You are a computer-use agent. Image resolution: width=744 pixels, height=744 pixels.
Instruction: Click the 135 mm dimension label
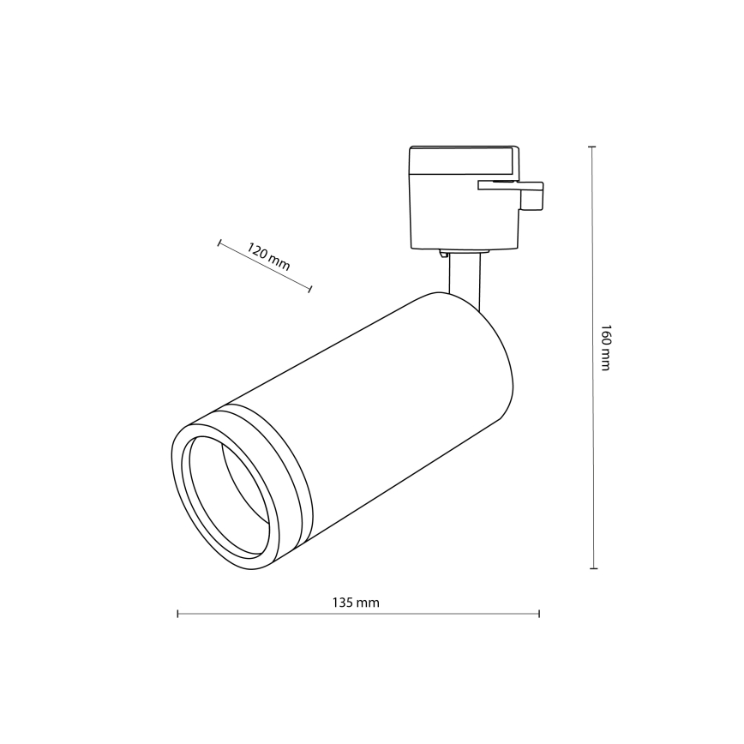click(356, 603)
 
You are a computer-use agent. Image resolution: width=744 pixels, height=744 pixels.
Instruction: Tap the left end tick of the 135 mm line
click(177, 614)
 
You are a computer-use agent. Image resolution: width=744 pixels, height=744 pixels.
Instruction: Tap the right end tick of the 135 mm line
click(539, 614)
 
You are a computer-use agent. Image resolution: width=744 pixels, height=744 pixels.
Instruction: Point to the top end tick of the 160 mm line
click(591, 147)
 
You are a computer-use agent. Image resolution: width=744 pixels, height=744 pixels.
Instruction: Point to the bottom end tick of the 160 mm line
click(591, 567)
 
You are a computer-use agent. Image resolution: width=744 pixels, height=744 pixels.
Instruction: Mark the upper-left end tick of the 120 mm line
click(219, 243)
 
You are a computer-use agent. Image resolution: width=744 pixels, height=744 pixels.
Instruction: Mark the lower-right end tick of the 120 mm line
click(309, 289)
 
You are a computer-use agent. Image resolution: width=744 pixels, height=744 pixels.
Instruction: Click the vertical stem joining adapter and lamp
click(464, 279)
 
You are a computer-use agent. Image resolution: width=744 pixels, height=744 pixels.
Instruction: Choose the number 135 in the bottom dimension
click(345, 603)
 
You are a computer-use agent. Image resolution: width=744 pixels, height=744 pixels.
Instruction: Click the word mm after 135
click(369, 603)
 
